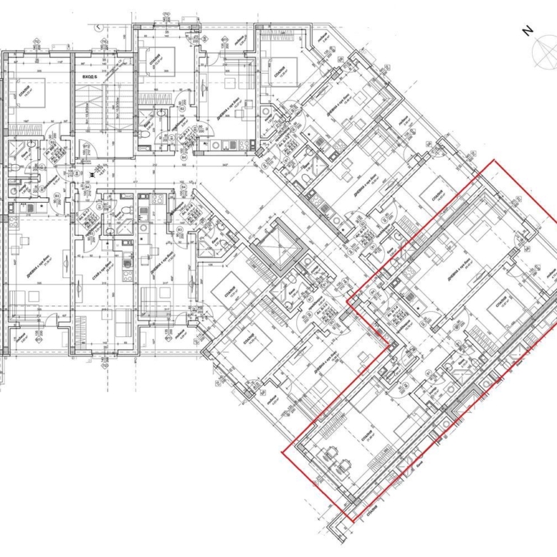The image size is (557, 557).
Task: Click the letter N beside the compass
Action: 527,31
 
